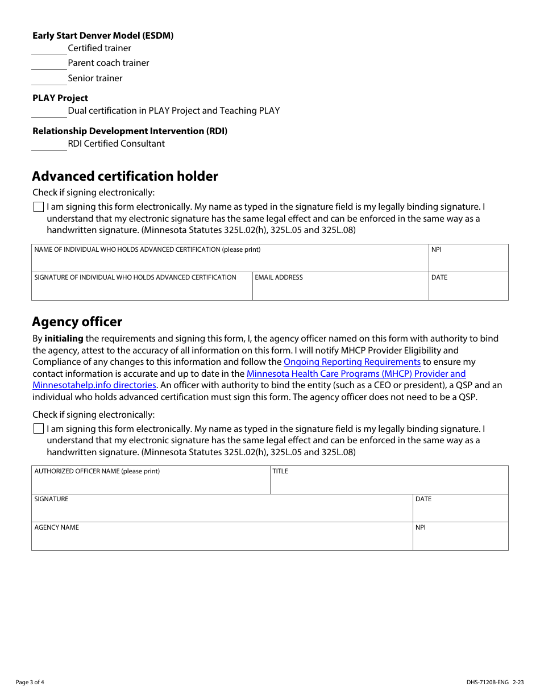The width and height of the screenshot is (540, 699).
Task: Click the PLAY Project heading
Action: [60, 98]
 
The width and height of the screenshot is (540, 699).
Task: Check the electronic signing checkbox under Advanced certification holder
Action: [39, 207]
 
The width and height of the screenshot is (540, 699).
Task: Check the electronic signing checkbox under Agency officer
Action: [39, 429]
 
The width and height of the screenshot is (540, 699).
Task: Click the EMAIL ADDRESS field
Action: [340, 288]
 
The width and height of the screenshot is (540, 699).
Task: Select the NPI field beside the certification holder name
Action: [468, 260]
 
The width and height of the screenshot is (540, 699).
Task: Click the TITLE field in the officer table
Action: [389, 482]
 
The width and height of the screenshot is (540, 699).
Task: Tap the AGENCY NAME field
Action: [222, 538]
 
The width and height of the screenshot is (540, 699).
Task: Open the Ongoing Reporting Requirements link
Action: [352, 362]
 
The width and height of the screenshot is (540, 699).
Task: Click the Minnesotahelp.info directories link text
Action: [94, 385]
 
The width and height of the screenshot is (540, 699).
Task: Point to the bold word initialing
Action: [64, 339]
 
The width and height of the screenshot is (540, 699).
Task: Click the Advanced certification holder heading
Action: [125, 176]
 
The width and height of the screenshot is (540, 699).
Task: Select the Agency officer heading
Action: [77, 322]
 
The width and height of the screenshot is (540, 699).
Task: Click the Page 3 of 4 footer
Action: [30, 683]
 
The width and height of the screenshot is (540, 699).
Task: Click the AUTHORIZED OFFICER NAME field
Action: [151, 482]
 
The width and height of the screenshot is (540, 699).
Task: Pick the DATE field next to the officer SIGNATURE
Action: [460, 510]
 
